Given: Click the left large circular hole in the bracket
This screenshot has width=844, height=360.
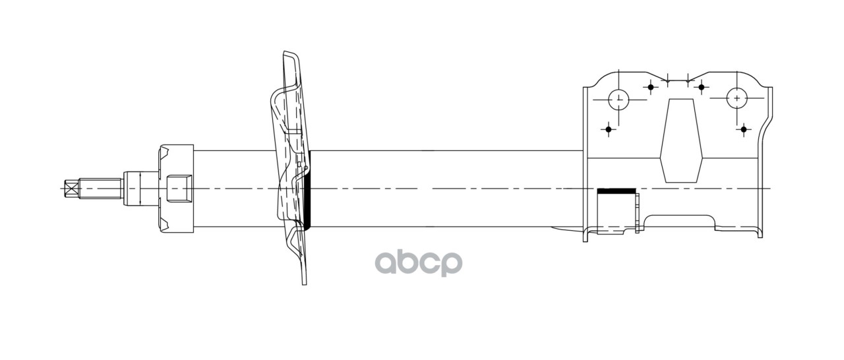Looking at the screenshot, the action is tap(618, 100).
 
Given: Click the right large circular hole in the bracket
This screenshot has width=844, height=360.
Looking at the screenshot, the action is tap(737, 98).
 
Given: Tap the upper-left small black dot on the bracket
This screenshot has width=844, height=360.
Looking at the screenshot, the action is tap(651, 86).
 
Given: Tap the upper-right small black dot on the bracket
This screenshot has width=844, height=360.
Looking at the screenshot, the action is tap(702, 86).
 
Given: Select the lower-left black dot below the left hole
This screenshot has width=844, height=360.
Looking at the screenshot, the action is tap(609, 129).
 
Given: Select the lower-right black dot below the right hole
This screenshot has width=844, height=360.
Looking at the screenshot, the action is tap(744, 129).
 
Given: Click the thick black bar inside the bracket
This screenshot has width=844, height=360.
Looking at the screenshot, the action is tap(616, 191).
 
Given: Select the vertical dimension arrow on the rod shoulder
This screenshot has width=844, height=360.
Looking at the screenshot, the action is tap(140, 189).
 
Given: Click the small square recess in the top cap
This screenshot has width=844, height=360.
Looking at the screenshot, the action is tap(179, 189).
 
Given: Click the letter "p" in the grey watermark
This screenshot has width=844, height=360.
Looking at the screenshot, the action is tap(451, 263).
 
